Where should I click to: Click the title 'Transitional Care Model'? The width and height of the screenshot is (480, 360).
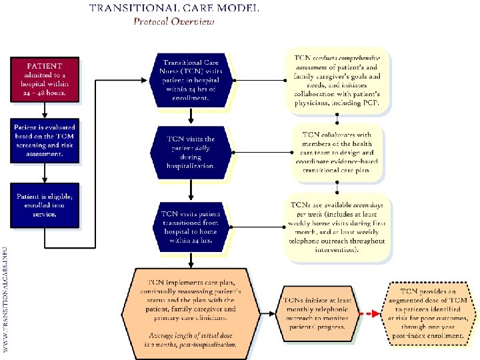coord(175,9)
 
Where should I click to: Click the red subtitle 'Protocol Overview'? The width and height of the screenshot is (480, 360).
coord(175,21)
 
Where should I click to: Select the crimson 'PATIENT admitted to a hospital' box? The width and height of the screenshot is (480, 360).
coord(45,79)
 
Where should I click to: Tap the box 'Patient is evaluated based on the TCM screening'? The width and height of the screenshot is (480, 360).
coord(45,140)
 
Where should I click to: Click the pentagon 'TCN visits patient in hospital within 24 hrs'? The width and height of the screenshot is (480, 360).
coord(190,79)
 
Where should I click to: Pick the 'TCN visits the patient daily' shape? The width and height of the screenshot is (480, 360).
coord(190,152)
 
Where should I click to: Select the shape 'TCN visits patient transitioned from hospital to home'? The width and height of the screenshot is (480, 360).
coord(190,227)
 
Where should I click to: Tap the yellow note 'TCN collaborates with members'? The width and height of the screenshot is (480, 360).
coord(337,152)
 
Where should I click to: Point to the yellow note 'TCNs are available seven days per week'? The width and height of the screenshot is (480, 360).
coord(337,227)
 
